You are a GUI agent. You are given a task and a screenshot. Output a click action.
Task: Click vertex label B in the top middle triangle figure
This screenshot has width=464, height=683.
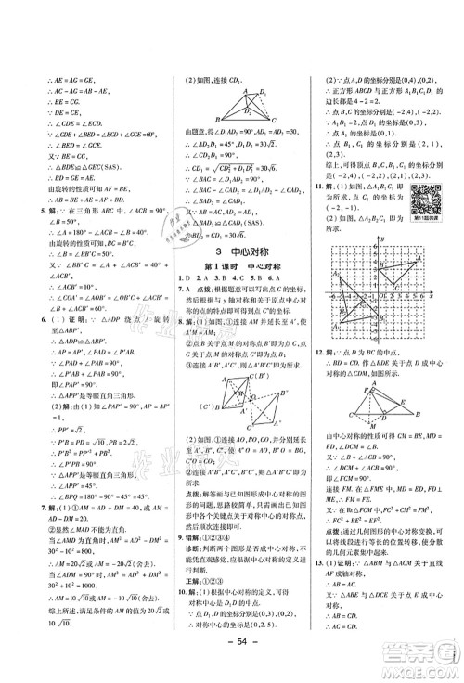click(x=218, y=121)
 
